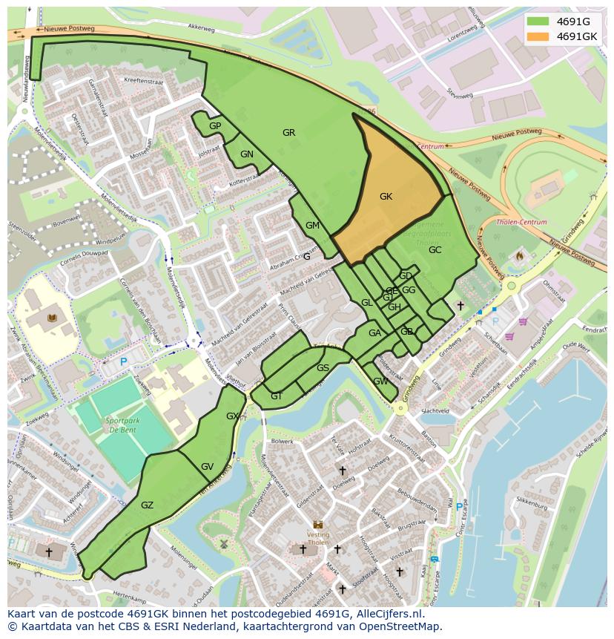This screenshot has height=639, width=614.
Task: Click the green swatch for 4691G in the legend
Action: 538,22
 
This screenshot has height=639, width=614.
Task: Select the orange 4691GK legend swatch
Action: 538,36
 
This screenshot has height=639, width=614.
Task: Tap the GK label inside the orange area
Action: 386,197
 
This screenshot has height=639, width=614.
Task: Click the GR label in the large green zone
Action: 288,133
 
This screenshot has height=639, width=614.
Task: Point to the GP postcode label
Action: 215,126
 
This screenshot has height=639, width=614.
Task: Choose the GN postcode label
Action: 247,154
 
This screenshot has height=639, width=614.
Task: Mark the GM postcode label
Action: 312,226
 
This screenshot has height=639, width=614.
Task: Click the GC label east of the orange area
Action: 435,250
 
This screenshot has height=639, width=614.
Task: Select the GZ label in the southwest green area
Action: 147,505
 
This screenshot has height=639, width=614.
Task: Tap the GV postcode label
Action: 208,467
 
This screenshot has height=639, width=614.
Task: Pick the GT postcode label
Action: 277,396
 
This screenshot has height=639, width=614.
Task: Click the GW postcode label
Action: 380,381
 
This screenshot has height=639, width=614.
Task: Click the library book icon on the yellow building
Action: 51,318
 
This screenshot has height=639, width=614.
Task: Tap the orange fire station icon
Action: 519,256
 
